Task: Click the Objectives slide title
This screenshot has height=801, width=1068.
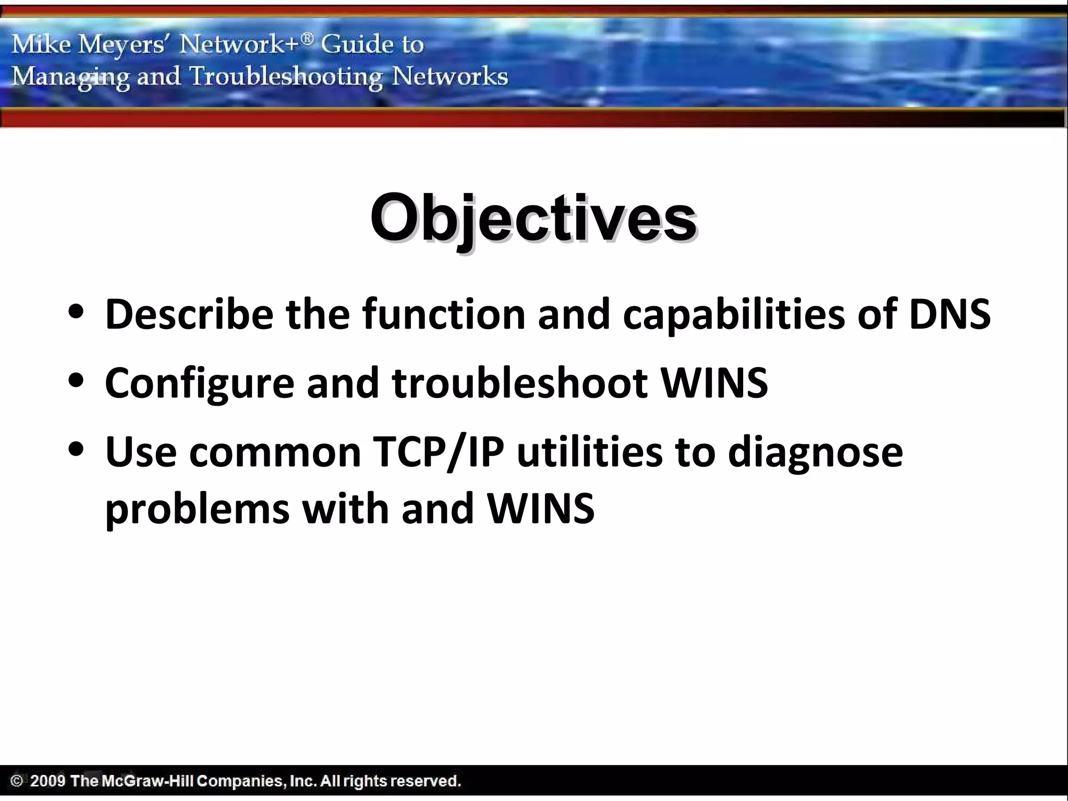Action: (x=533, y=218)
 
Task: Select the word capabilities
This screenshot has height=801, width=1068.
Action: (x=733, y=315)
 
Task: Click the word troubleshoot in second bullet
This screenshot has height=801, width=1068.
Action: (x=519, y=383)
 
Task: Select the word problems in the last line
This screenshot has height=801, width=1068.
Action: (x=197, y=508)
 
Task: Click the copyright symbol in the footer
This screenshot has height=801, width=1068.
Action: (x=17, y=781)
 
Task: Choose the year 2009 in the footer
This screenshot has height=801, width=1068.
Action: (x=48, y=781)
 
